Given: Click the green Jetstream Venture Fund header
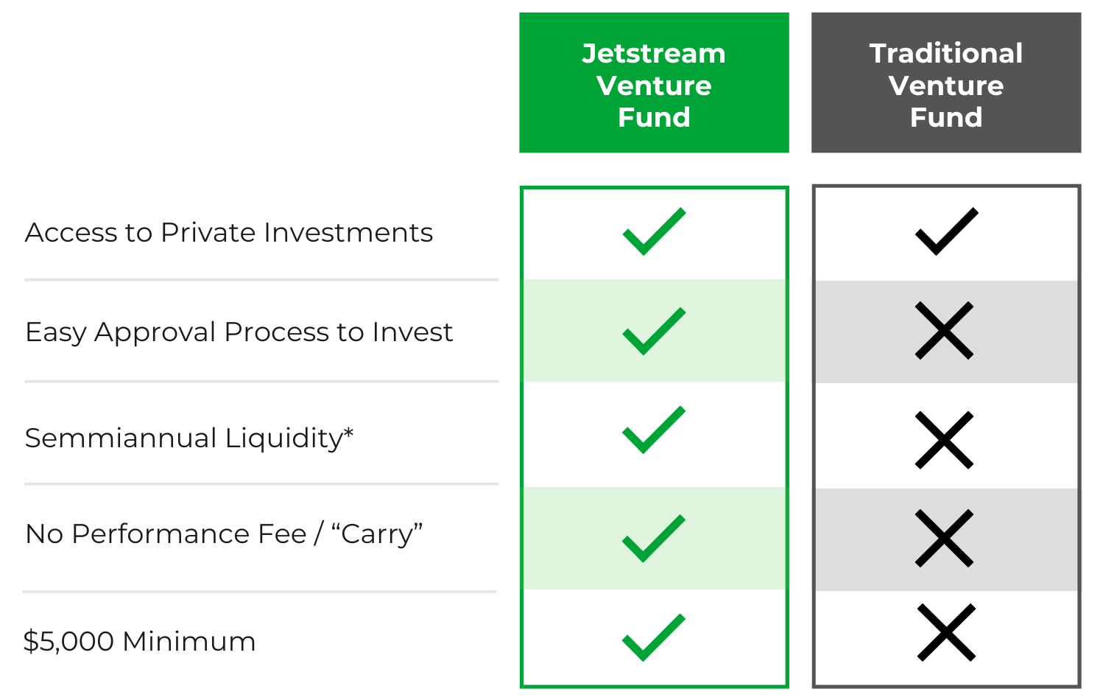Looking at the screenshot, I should point(654,83).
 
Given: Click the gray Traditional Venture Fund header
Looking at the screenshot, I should point(946,83).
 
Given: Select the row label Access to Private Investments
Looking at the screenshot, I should point(229,233).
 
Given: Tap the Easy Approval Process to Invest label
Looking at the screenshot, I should point(239,332).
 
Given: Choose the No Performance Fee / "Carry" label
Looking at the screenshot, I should point(224,534).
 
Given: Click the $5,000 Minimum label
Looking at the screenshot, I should point(139,641).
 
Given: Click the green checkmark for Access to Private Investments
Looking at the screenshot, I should point(653,232).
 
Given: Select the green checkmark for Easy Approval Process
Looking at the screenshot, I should point(653,332).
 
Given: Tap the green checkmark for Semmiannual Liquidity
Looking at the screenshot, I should point(653,430).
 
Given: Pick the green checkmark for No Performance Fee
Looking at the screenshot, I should point(653,539).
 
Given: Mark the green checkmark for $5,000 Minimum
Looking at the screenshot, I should point(653,638).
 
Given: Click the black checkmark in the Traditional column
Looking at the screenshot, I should point(946,232).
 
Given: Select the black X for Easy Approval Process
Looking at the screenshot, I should point(945,331).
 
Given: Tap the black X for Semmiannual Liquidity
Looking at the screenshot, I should point(945,440).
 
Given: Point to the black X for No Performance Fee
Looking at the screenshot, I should point(945,539).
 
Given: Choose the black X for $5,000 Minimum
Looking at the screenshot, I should point(946,633).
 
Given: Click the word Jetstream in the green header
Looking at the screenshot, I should point(654,54).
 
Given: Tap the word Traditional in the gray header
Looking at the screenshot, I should point(946,54).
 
